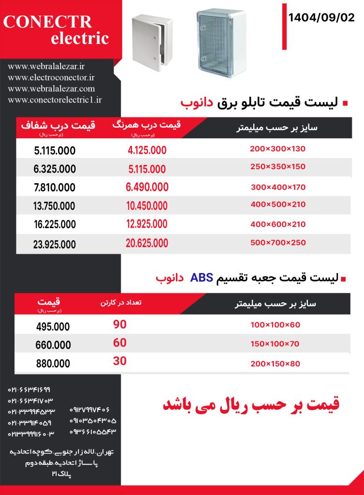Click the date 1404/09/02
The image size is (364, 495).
pyautogui.click(x=321, y=18)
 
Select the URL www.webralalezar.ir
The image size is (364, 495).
pyautogui.click(x=46, y=66)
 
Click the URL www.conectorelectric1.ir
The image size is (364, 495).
pyautogui.click(x=55, y=100)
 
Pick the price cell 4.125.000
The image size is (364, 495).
pyautogui.click(x=147, y=150)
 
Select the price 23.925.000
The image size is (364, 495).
pyautogui.click(x=55, y=244)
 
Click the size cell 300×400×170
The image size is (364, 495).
pyautogui.click(x=278, y=187)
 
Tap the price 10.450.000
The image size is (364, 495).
pyautogui.click(x=147, y=205)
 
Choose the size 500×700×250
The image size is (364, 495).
pyautogui.click(x=278, y=242)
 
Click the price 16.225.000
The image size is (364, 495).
pyautogui.click(x=55, y=224)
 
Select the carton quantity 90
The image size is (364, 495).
pyautogui.click(x=119, y=325)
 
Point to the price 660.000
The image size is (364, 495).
pyautogui.click(x=53, y=345)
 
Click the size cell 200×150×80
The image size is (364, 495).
pyautogui.click(x=275, y=364)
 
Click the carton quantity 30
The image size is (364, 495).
pyautogui.click(x=119, y=361)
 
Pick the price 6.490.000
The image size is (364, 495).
pyautogui.click(x=147, y=187)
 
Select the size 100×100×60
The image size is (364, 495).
pyautogui.click(x=275, y=325)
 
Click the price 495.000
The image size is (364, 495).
pyautogui.click(x=53, y=327)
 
